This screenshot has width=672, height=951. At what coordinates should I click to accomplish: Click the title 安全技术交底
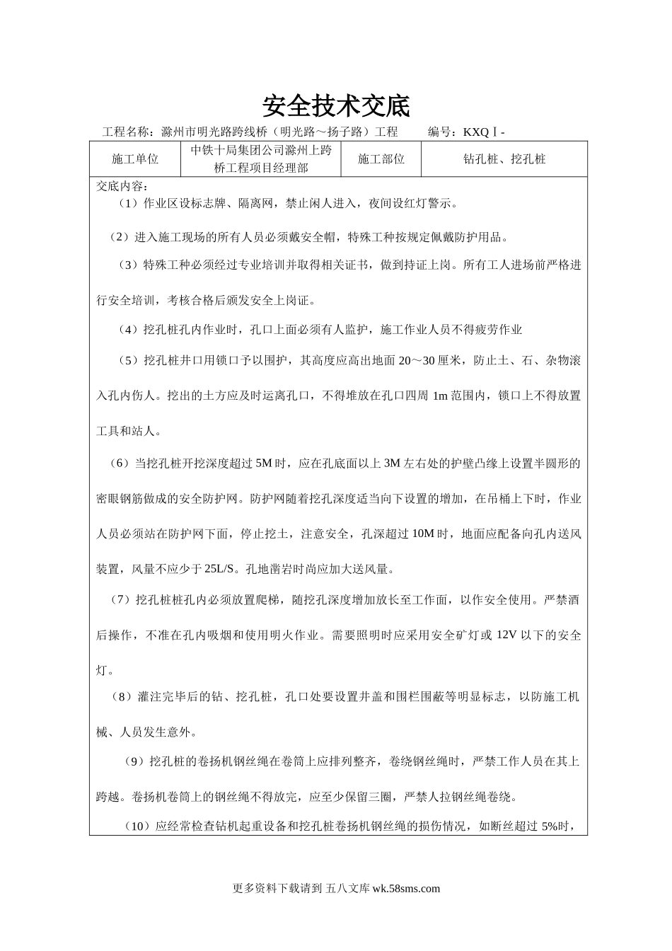pyautogui.click(x=336, y=106)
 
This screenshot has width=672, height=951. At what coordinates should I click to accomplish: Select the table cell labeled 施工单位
pyautogui.click(x=135, y=159)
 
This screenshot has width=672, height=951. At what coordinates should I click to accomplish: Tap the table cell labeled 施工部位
pyautogui.click(x=381, y=159)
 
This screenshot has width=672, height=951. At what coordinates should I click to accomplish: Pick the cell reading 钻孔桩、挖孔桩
pyautogui.click(x=504, y=159)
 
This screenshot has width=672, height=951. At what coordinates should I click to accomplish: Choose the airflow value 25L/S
pyautogui.click(x=222, y=568)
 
